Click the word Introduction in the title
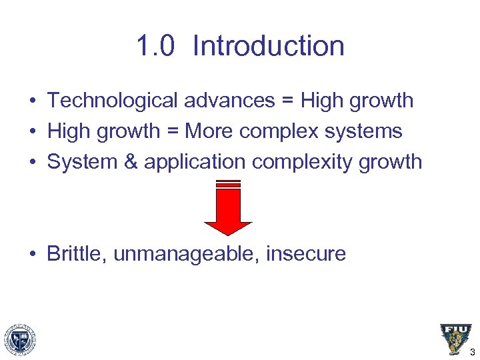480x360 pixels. pyautogui.click(x=269, y=47)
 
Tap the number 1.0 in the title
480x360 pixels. pyautogui.click(x=155, y=47)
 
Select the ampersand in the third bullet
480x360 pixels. pyautogui.click(x=130, y=162)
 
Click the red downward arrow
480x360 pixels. pyautogui.click(x=228, y=209)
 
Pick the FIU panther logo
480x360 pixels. pyautogui.click(x=455, y=339)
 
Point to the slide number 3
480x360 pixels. pyautogui.click(x=472, y=353)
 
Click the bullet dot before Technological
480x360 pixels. pyautogui.click(x=33, y=101)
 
